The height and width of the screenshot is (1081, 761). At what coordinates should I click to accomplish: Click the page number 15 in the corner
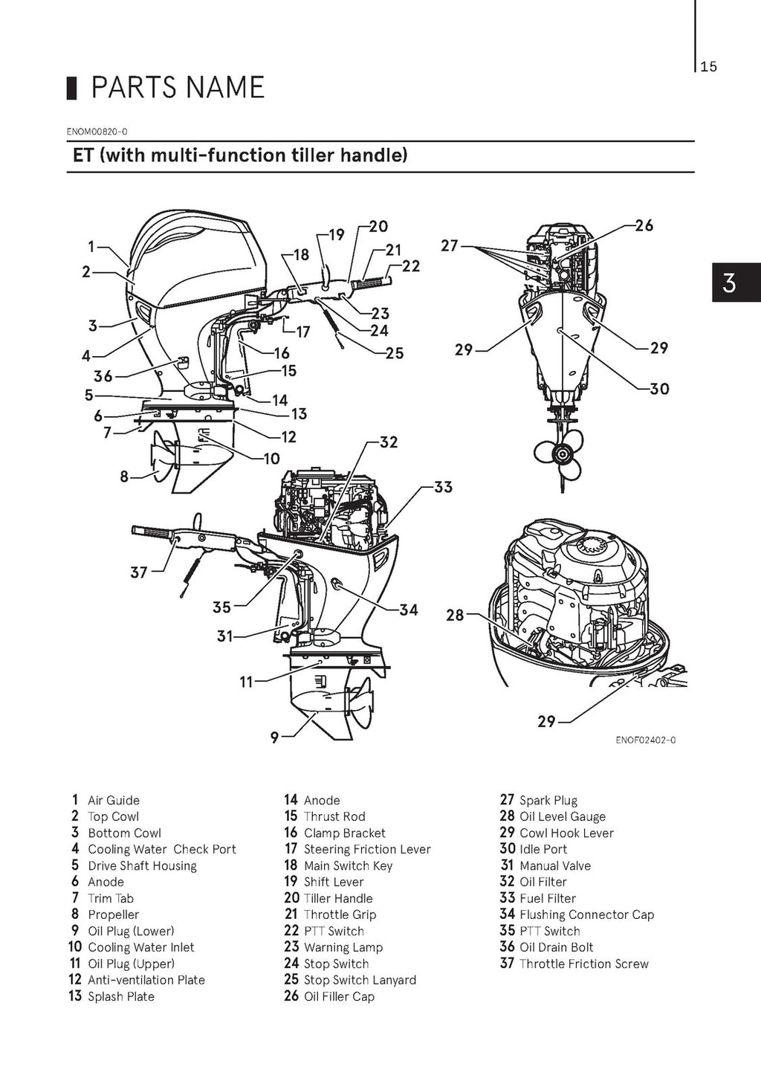coord(708,67)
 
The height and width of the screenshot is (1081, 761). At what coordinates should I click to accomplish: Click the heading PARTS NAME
coord(177,88)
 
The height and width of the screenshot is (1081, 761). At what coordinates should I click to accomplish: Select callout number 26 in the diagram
coord(644,225)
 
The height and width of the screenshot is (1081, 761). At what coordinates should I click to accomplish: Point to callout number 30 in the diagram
coord(659,388)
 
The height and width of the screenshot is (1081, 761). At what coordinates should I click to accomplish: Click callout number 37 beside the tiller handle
coord(139,572)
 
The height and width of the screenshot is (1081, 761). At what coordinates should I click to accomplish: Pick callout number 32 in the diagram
coord(388,442)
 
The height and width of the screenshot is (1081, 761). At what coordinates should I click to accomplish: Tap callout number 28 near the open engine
coord(455,615)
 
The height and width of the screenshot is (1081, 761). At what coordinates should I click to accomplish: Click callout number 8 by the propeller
coord(124,476)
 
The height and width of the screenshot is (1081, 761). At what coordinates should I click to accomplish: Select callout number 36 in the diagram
coord(103,377)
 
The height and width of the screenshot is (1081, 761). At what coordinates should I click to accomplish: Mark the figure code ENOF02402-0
coord(645,740)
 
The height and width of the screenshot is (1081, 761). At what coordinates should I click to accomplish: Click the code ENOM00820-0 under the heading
coord(97,132)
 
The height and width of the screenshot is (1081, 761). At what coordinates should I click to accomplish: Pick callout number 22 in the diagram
coord(410,266)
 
